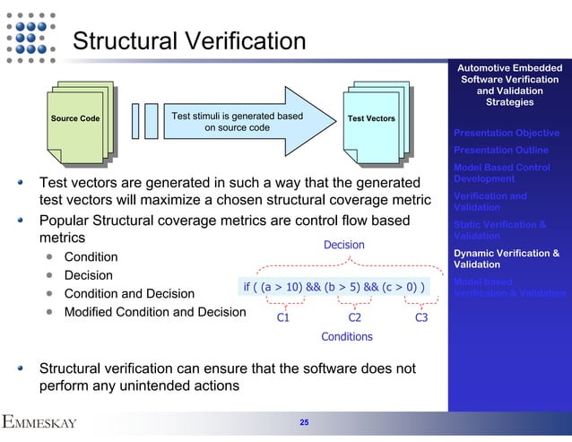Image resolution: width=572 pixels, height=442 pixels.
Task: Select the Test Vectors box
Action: tap(370, 119)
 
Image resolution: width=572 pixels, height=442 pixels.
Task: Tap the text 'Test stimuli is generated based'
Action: tap(237, 116)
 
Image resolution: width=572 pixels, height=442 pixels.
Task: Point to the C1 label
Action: tap(282, 316)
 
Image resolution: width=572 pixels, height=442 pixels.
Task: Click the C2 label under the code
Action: tap(354, 316)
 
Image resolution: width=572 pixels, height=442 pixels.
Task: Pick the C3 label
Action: tap(420, 316)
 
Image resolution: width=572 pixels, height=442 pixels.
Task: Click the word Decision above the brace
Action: tap(343, 244)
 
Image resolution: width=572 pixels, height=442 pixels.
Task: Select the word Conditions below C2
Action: tap(347, 337)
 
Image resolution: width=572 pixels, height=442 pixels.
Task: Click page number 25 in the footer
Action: tap(304, 421)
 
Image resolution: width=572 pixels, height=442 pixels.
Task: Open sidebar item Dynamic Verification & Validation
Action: tap(507, 259)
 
